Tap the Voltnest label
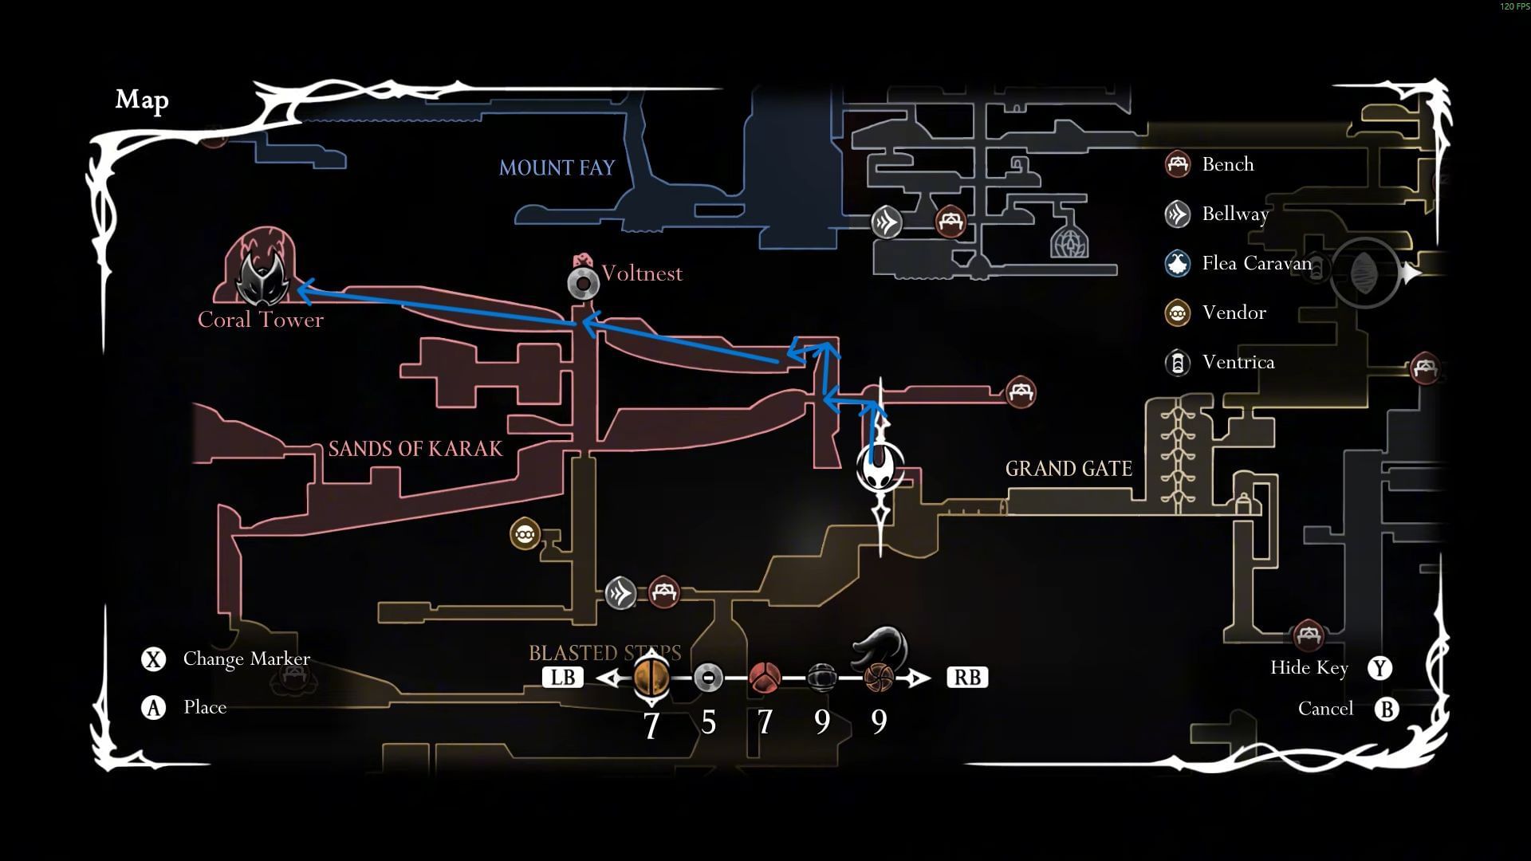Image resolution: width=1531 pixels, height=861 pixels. [x=642, y=273]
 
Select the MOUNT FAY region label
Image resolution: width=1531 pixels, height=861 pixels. [x=557, y=167]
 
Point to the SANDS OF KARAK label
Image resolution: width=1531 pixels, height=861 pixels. [x=415, y=449]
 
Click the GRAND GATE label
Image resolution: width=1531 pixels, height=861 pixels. [x=1069, y=469]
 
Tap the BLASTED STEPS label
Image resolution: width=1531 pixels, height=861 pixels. [x=604, y=653]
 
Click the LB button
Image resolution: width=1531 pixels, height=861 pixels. [x=563, y=678]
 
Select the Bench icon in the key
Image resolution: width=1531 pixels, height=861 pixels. [x=1178, y=165]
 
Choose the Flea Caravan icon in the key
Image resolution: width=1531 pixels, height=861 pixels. [x=1178, y=264]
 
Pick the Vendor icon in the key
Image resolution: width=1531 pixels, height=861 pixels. [x=1178, y=313]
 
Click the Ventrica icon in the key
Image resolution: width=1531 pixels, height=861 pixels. [x=1178, y=363]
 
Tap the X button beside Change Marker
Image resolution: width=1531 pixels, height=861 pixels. [x=153, y=659]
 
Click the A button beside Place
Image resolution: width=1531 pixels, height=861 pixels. [x=153, y=708]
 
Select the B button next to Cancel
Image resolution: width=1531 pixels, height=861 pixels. [x=1387, y=710]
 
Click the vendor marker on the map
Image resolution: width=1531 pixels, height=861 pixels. [x=525, y=534]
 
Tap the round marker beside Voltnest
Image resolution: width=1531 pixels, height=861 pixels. [x=584, y=283]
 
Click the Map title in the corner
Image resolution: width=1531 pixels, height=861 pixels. [x=142, y=100]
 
